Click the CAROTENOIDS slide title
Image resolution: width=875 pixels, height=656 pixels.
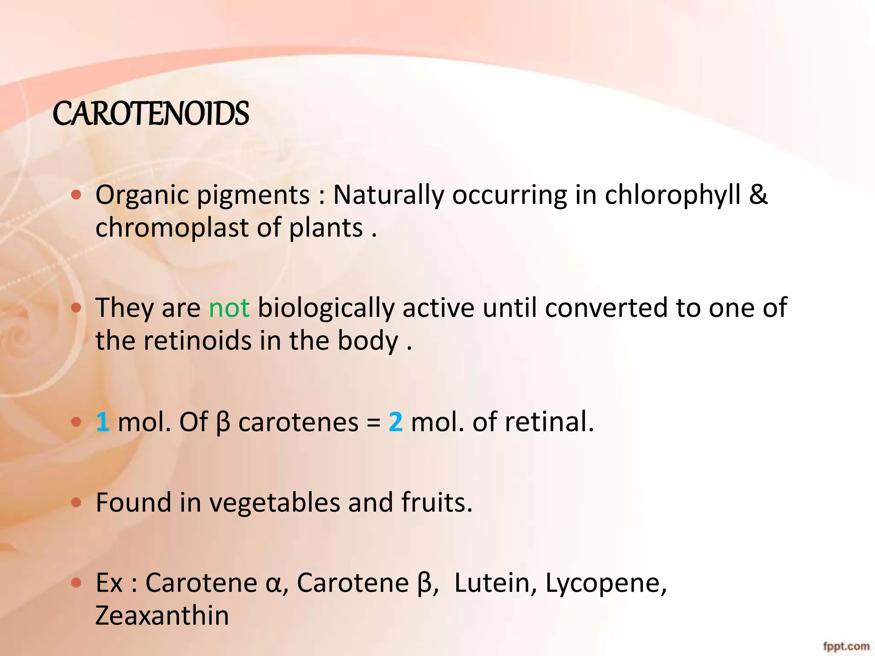tap(150, 114)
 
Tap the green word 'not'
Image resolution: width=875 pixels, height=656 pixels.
tap(229, 308)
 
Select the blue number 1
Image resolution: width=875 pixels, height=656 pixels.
tap(103, 422)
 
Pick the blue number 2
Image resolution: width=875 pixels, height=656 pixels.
tap(396, 422)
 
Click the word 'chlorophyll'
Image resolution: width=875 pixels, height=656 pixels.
tap(672, 196)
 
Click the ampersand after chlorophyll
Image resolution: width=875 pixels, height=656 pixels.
tap(758, 195)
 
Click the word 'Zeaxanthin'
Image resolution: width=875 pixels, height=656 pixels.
tap(162, 616)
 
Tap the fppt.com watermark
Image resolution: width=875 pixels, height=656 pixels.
tap(846, 646)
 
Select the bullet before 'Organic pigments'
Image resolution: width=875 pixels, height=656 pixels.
tap(76, 196)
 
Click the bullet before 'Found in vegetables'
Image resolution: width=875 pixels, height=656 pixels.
tap(76, 503)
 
